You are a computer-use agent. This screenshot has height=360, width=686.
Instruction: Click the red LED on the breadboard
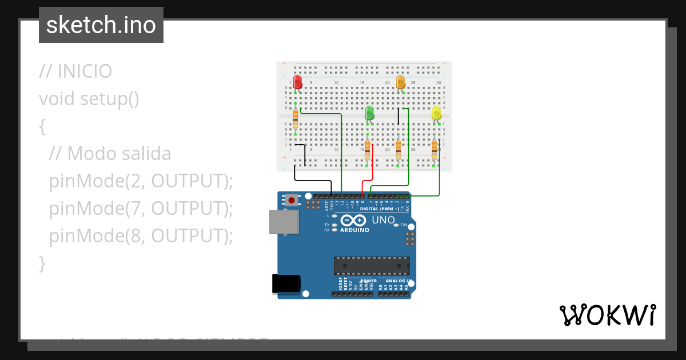tap(297, 82)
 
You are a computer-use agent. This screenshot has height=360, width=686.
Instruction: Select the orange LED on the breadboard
tap(400, 82)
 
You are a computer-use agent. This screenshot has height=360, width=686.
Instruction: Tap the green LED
tap(369, 113)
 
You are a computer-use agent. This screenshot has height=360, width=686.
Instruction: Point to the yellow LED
tap(436, 113)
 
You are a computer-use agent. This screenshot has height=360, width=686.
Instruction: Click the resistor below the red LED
tap(295, 119)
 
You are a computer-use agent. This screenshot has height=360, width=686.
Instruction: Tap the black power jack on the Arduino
tap(286, 284)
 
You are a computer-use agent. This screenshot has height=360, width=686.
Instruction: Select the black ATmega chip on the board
tap(372, 266)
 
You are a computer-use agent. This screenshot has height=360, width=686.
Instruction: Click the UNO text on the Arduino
tap(383, 220)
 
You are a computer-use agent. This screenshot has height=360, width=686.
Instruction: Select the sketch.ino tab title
tap(101, 25)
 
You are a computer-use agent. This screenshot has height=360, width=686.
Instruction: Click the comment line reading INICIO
tap(75, 71)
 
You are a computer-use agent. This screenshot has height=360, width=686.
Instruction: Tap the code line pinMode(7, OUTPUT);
tap(141, 209)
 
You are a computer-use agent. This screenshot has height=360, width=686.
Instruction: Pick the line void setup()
tap(89, 99)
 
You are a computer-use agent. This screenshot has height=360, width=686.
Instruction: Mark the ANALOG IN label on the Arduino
tap(396, 281)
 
